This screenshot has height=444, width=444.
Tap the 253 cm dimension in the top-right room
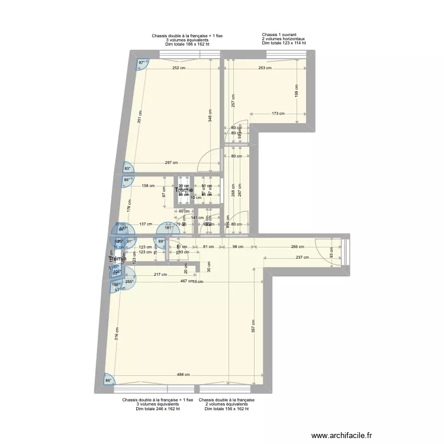tap(265, 68)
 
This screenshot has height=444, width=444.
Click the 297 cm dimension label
tap(172, 163)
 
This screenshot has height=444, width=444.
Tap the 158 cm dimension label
tap(148, 186)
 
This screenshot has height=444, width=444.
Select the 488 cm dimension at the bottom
tap(183, 375)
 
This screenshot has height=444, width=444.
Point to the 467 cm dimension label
tap(188, 281)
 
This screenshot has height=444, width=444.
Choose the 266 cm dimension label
tap(297, 247)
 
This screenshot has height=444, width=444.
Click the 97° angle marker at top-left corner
tap(142, 62)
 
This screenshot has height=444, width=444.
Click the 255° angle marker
tap(128, 282)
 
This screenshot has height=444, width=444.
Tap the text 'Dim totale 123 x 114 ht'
tap(284, 43)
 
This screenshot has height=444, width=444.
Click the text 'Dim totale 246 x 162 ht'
tap(157, 408)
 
